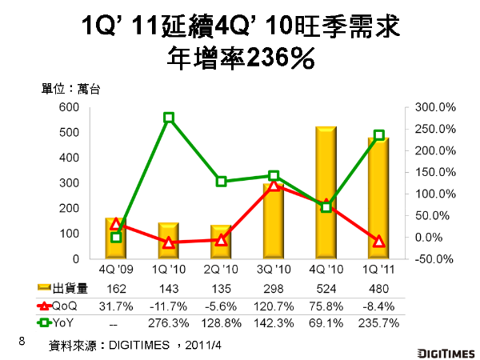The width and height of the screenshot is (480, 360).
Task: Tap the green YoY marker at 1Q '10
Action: (x=169, y=118)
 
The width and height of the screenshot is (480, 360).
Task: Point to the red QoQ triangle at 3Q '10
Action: (x=274, y=186)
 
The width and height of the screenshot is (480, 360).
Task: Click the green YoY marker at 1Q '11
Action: (x=379, y=135)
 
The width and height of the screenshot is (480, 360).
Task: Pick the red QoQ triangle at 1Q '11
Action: (x=379, y=241)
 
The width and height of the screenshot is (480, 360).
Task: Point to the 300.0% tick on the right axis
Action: (x=435, y=107)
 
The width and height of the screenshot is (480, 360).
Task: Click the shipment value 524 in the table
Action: (x=326, y=288)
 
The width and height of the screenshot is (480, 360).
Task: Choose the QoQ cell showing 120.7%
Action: (x=274, y=305)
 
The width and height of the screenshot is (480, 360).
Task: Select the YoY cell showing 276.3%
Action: (x=169, y=322)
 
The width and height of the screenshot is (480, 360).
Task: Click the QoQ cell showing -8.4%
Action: (x=379, y=305)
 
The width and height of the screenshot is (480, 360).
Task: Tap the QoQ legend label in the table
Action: (x=63, y=305)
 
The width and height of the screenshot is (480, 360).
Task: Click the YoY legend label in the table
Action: (x=63, y=322)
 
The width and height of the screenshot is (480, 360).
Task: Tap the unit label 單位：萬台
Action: (x=71, y=89)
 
